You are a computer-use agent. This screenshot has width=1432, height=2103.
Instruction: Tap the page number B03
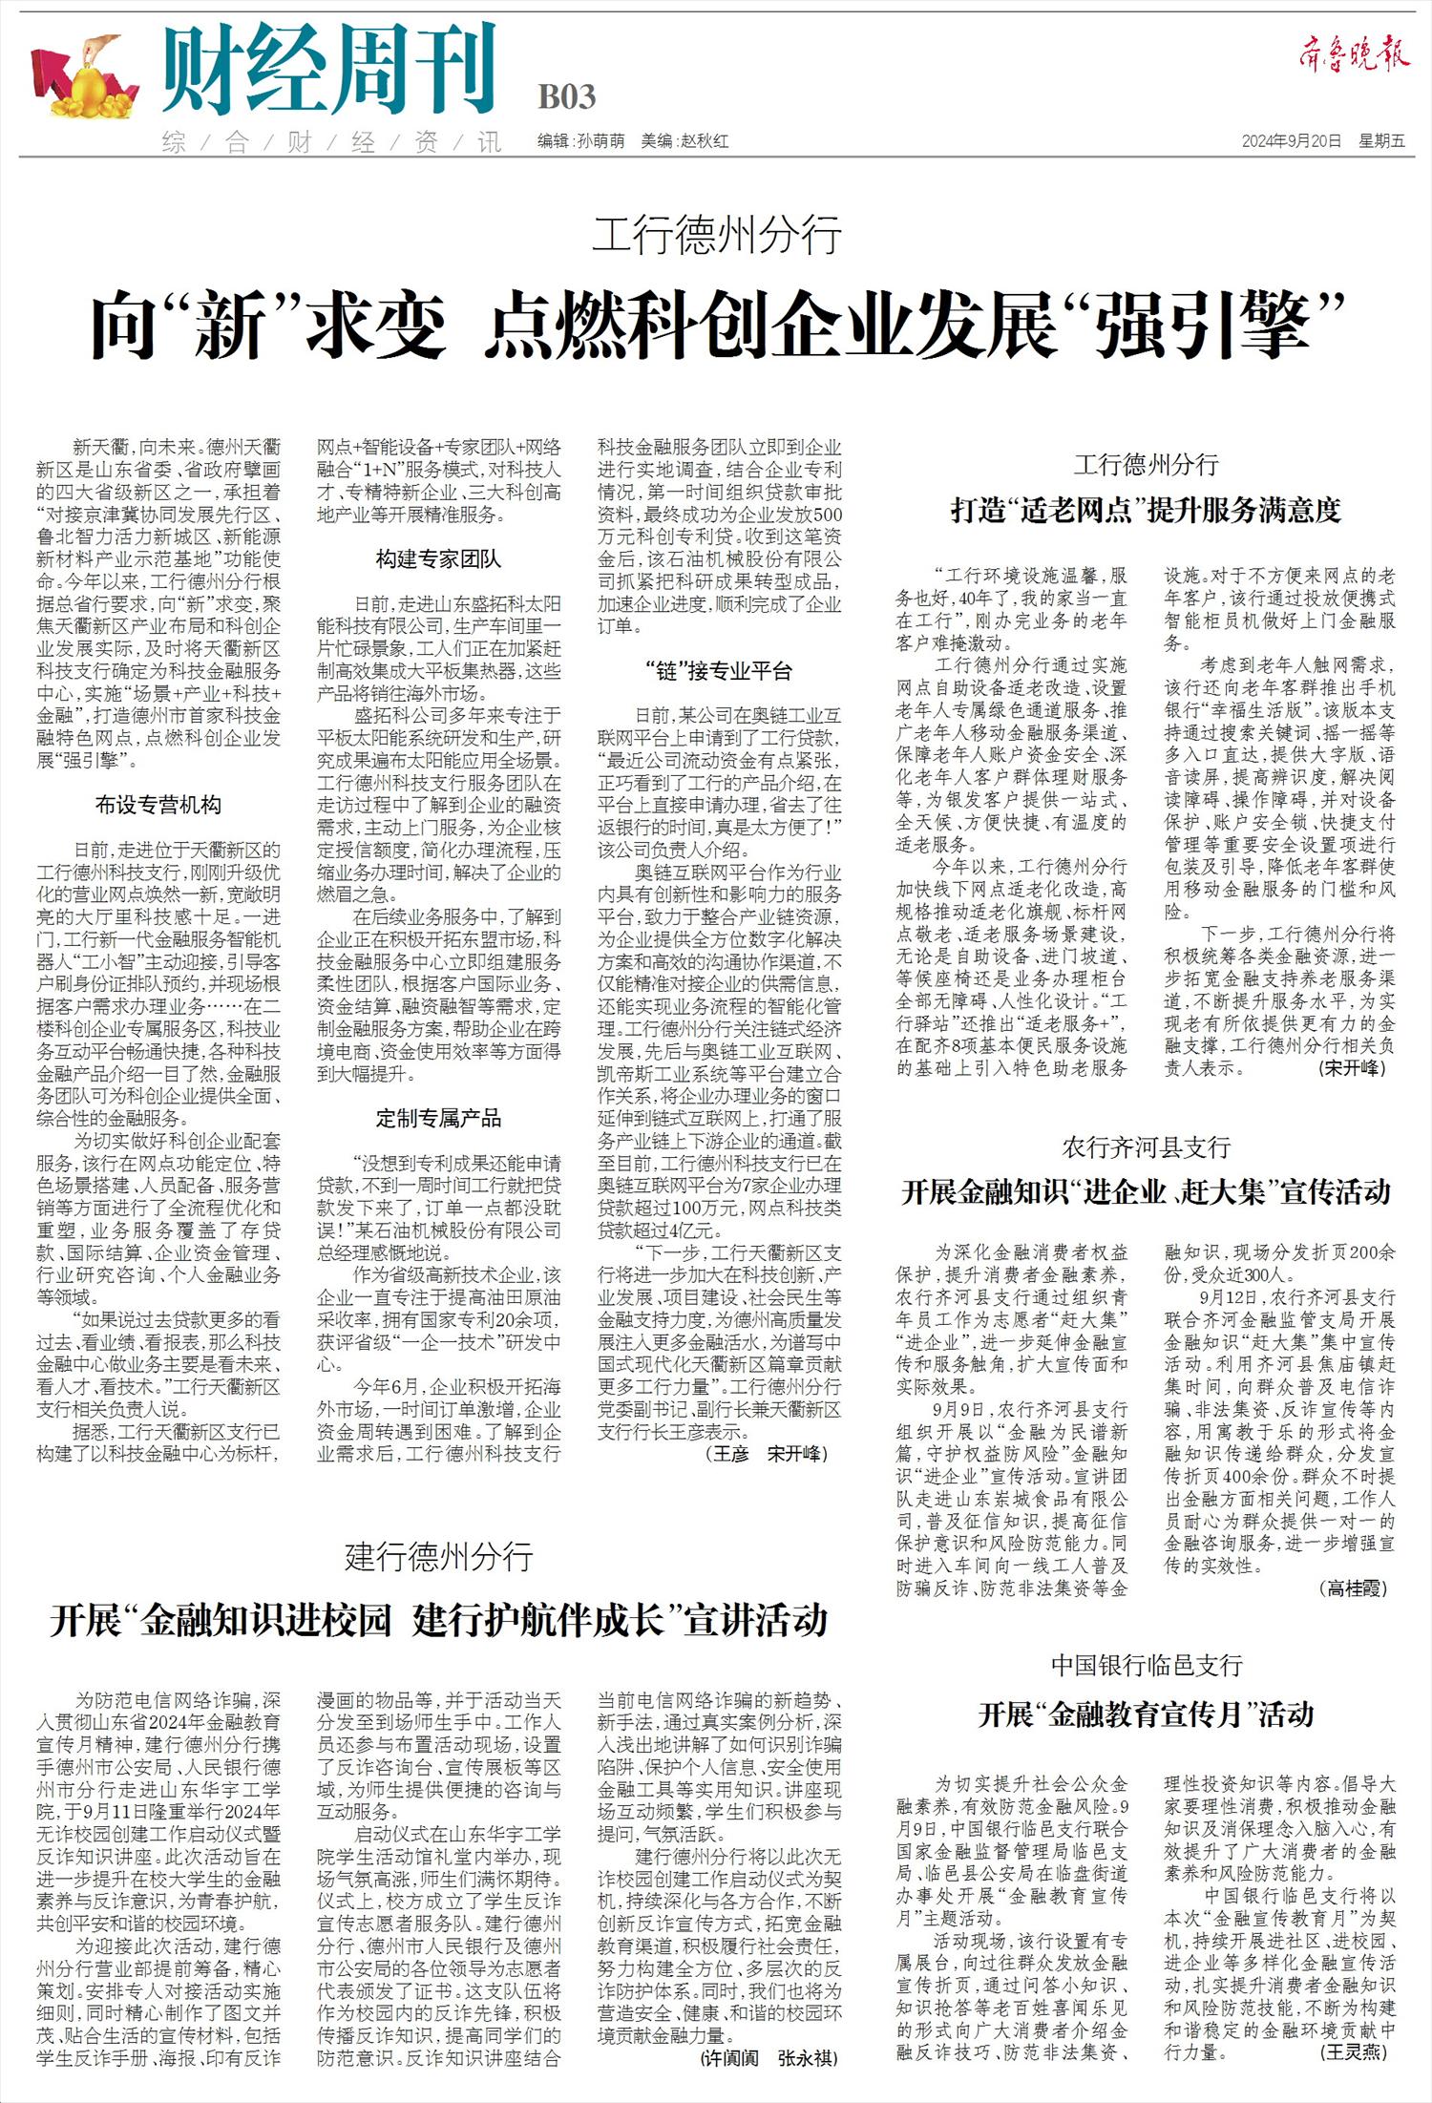pos(567,97)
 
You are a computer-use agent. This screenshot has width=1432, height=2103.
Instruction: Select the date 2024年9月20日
pos(1292,141)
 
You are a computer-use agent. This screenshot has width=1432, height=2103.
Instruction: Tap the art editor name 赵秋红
pos(704,141)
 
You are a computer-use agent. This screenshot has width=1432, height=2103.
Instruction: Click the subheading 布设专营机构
pos(158,805)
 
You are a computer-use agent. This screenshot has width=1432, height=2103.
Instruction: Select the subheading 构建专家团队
pos(438,559)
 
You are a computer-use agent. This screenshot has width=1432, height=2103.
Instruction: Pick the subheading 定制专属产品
pos(438,1119)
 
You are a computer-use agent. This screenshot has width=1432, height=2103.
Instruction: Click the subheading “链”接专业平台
pos(719,671)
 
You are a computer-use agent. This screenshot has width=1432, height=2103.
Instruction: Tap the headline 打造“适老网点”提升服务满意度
pos(1146,512)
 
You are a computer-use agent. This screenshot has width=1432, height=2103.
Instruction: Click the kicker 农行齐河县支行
pos(1146,1147)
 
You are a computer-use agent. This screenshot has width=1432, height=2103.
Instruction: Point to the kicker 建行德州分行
pos(438,1558)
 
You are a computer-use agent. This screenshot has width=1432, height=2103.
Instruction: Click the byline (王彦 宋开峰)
pos(767,1454)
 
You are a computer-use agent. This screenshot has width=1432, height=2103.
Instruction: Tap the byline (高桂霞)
pos(1353,1588)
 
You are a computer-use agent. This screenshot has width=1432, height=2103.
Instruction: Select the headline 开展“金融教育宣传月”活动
pos(1146,1715)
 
